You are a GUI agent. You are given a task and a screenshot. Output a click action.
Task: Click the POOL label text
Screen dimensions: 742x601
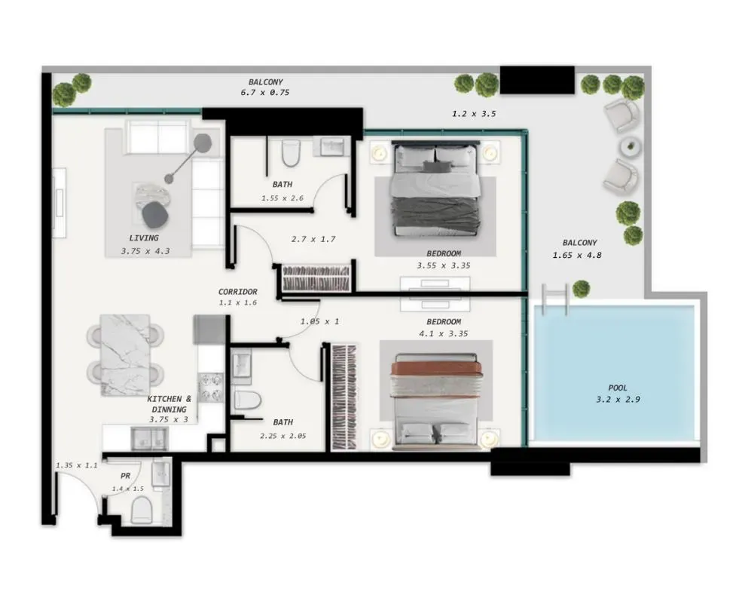click(618, 388)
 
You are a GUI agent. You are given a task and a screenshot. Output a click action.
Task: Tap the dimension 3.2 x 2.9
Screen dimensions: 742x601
click(618, 400)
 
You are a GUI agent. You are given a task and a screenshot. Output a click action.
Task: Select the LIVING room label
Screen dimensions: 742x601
click(144, 238)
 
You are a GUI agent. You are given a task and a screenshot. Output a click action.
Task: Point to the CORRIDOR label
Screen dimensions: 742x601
click(237, 292)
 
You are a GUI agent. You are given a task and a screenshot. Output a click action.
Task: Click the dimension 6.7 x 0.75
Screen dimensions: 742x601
click(265, 93)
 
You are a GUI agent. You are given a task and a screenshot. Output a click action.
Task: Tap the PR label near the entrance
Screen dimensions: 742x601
click(125, 476)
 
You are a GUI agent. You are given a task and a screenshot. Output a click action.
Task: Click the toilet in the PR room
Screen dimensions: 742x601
click(141, 510)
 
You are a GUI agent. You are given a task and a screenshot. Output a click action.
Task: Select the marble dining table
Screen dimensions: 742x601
click(125, 355)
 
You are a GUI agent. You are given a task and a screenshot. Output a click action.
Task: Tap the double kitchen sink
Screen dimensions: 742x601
click(150, 439)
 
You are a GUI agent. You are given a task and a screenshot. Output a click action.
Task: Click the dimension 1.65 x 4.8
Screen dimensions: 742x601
click(577, 256)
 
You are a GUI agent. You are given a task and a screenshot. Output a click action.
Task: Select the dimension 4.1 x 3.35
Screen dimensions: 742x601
click(444, 334)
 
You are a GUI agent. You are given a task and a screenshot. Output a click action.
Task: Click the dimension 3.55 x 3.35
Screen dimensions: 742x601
click(444, 265)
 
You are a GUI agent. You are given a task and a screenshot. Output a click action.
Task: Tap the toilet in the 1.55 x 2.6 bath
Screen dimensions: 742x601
click(291, 152)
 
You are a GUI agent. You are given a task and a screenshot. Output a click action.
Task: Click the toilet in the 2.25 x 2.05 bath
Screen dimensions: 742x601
click(248, 400)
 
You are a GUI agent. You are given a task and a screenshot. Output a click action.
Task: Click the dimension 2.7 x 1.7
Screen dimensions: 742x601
click(313, 240)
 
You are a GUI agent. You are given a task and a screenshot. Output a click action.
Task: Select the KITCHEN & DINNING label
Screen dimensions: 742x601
click(169, 404)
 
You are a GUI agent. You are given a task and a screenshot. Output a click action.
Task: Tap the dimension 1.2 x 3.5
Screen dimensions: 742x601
click(474, 114)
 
